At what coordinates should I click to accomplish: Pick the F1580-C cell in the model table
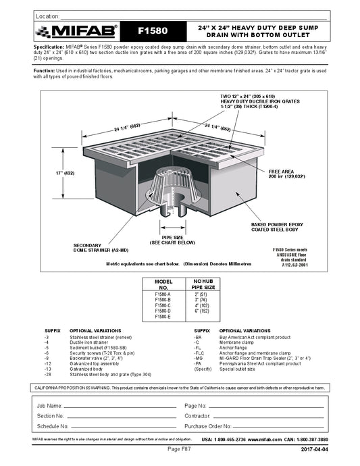click(163, 305)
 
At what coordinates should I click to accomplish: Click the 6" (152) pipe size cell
click(202, 311)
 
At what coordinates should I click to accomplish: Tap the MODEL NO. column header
click(163, 283)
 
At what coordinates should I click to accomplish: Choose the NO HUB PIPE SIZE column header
click(202, 283)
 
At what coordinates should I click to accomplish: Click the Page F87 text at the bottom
click(179, 448)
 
